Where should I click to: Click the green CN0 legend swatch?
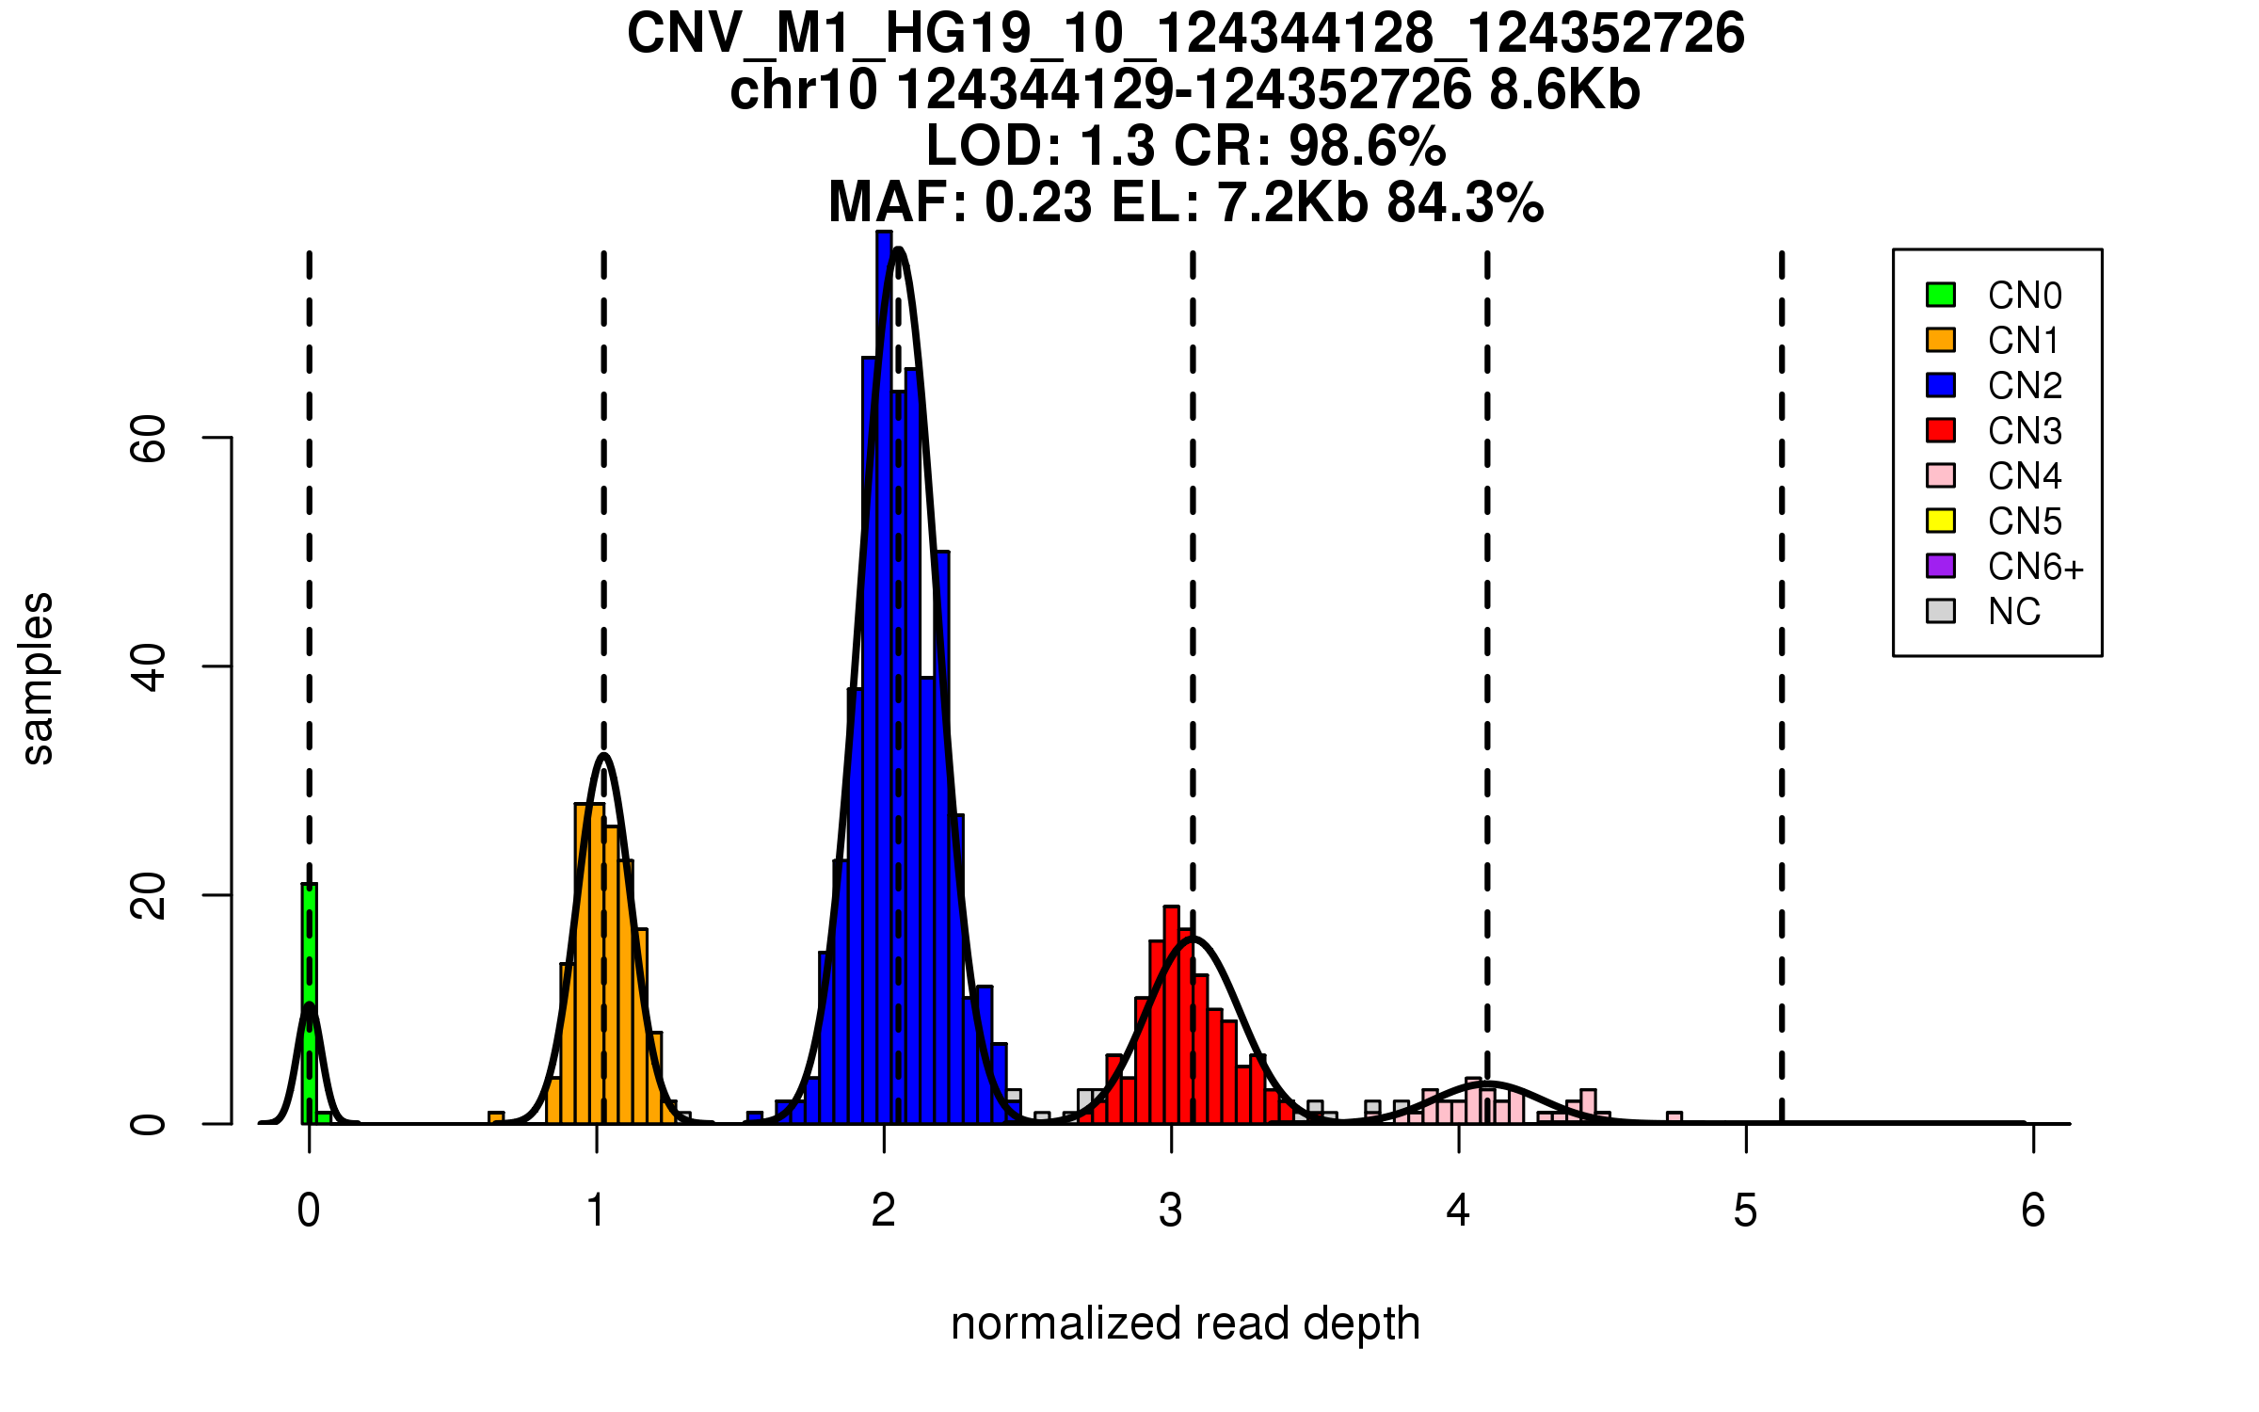1941,295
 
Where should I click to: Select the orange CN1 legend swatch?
1941,340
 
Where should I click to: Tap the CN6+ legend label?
2036,567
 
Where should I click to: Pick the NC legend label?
2014,612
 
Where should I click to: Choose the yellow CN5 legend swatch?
1941,521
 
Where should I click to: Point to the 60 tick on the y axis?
216,438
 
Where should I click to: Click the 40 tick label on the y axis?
149,666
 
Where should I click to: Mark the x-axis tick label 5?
1745,1211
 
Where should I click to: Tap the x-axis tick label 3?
1170,1211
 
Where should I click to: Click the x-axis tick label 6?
2033,1211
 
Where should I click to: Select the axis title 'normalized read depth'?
1185,1324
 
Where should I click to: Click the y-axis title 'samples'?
38,678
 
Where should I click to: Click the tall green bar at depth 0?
309,1003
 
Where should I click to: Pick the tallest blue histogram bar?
884,678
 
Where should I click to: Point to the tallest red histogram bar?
1171,1015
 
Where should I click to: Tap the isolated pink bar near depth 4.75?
1674,1118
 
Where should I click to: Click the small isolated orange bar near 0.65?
496,1118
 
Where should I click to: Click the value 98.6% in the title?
1368,146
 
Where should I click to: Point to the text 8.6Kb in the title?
1564,90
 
